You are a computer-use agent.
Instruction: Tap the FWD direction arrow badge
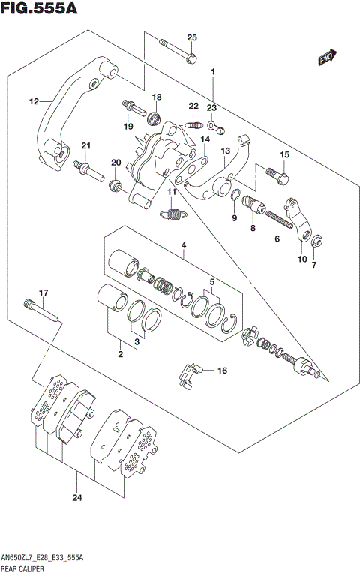point(326,58)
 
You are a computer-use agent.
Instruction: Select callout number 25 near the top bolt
point(191,38)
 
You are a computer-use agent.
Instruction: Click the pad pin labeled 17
point(42,309)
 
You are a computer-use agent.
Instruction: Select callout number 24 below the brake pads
point(77,498)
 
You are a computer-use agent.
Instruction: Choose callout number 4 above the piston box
point(182,245)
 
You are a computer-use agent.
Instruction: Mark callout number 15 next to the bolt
point(284,154)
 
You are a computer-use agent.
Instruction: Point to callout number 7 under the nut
point(313,265)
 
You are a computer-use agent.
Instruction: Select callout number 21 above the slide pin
point(85,145)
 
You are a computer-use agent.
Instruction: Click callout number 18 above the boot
point(157,97)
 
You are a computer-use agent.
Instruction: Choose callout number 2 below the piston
point(119,353)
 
